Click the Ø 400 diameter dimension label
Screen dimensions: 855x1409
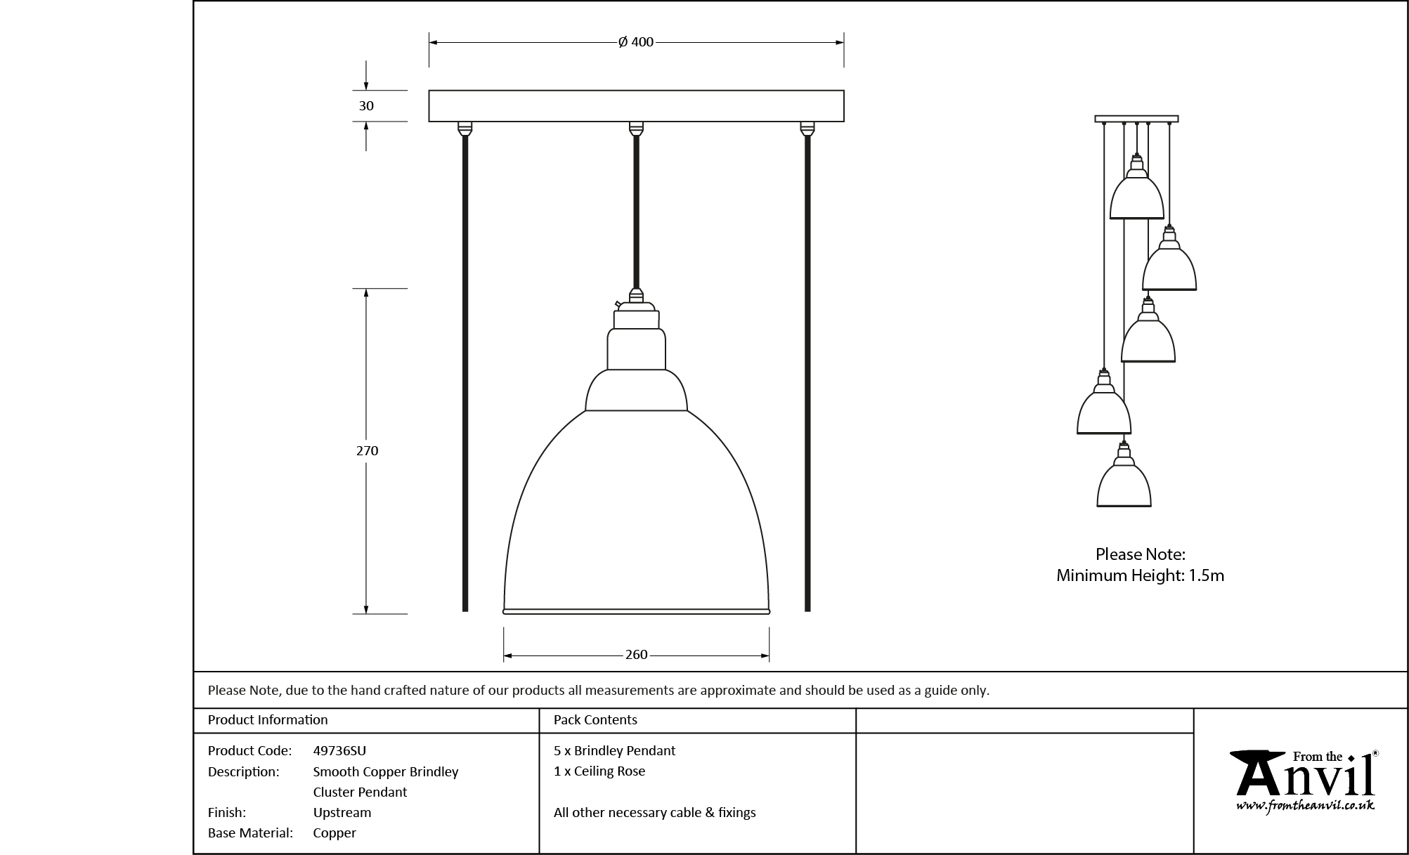pyautogui.click(x=636, y=42)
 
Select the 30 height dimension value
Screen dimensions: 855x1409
pyautogui.click(x=366, y=106)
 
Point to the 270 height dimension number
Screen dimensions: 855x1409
pyautogui.click(x=367, y=451)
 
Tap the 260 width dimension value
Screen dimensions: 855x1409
pyautogui.click(x=636, y=655)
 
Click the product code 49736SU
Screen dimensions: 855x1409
pyautogui.click(x=339, y=750)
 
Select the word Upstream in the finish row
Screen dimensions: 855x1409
pyautogui.click(x=342, y=812)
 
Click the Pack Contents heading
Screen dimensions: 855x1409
pyautogui.click(x=595, y=719)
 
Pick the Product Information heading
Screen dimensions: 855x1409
pyautogui.click(x=268, y=719)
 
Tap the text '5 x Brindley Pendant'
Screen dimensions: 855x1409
pyautogui.click(x=614, y=750)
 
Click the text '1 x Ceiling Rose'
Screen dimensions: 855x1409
pyautogui.click(x=599, y=771)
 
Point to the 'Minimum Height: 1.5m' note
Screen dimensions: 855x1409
pyautogui.click(x=1140, y=575)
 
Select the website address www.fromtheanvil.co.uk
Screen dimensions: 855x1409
pyautogui.click(x=1305, y=805)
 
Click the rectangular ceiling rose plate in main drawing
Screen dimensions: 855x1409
pyautogui.click(x=636, y=106)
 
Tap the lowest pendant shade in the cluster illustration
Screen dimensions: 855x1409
pyautogui.click(x=1124, y=481)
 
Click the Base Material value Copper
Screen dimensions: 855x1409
pyautogui.click(x=335, y=833)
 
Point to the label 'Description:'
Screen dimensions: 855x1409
pyautogui.click(x=243, y=771)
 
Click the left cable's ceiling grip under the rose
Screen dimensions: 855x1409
pyautogui.click(x=465, y=129)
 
